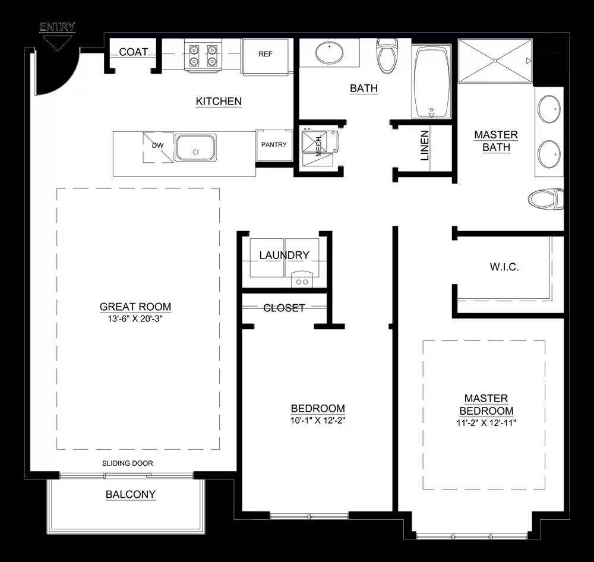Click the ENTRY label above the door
point(57,27)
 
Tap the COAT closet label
point(133,52)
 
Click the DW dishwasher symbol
point(158,147)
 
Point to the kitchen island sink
point(195,147)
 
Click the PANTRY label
point(274,144)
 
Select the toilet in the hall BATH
point(387,55)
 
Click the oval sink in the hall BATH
point(330,52)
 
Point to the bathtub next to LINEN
point(431,82)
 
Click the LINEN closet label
point(425,146)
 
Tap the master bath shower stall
point(495,61)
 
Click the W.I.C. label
point(504,267)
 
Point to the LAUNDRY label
point(284,255)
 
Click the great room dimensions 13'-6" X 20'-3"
point(135,318)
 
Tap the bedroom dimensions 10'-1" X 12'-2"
point(318,420)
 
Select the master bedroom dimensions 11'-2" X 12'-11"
point(486,423)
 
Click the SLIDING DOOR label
point(128,463)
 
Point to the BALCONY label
point(131,494)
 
